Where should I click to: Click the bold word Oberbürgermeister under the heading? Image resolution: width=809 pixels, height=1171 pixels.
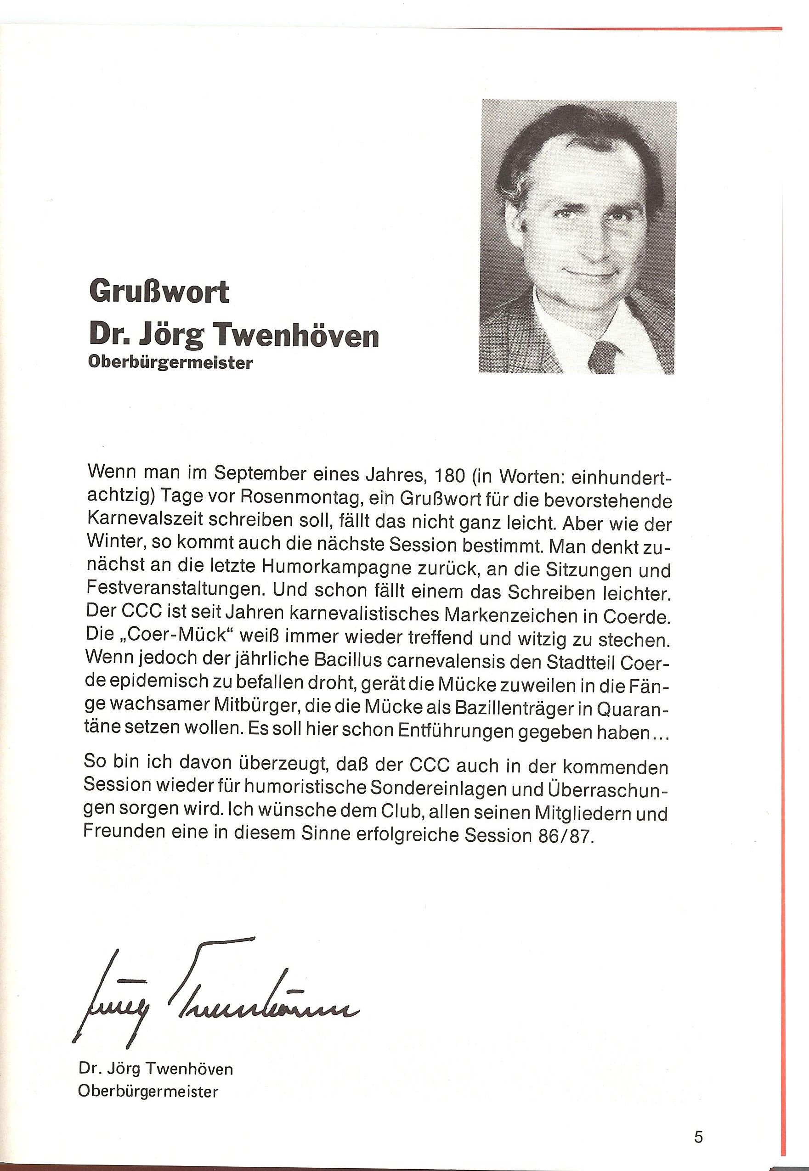click(x=170, y=363)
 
